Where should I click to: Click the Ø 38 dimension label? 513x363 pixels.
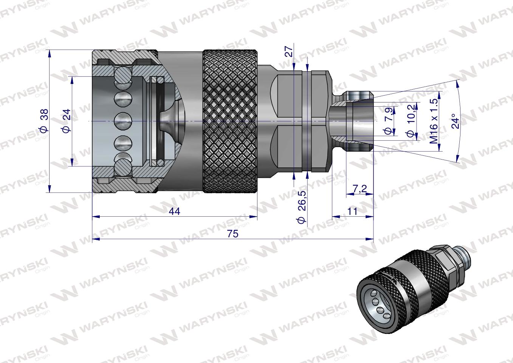[44, 121]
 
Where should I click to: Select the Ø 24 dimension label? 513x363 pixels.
[66, 121]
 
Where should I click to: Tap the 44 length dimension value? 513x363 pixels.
[175, 211]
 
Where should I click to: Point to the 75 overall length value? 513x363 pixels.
[233, 234]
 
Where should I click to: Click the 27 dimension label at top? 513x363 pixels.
[288, 51]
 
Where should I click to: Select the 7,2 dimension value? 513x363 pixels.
[359, 188]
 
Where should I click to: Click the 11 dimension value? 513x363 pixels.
[352, 211]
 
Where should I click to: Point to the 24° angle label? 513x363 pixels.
[456, 121]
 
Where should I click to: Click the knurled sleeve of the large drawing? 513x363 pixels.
[230, 121]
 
